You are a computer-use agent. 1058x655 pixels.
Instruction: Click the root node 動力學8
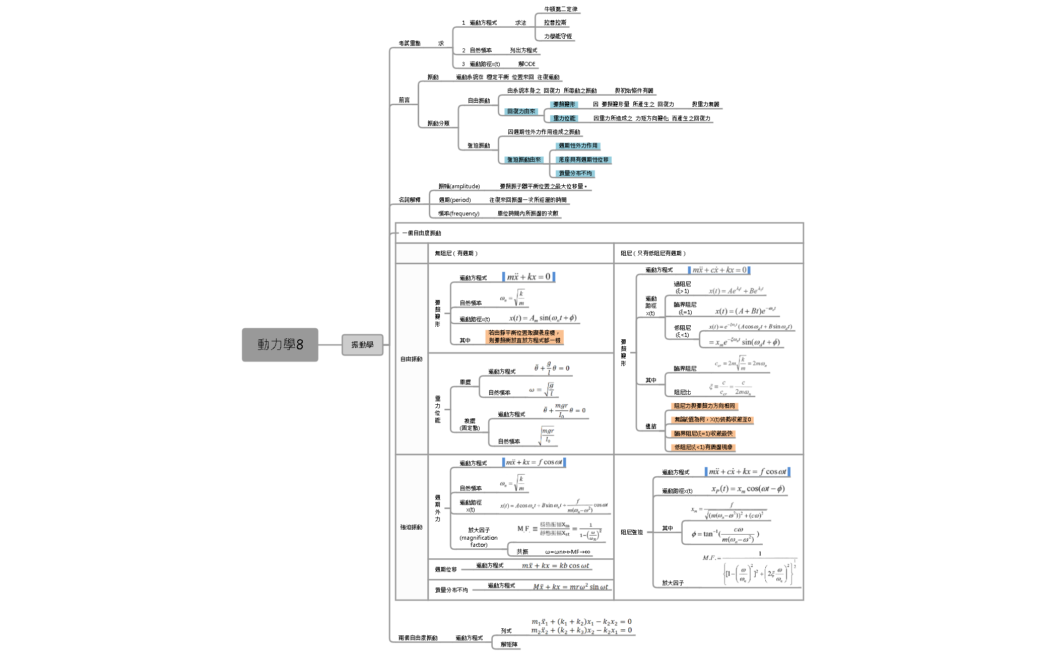[280, 345]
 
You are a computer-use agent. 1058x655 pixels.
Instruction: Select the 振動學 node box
[362, 345]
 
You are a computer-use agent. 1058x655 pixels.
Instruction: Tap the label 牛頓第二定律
[560, 9]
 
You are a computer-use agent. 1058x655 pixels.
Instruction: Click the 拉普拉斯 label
[555, 23]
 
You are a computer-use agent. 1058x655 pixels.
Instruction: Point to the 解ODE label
[526, 64]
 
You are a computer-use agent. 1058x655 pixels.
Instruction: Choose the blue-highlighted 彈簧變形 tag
[564, 104]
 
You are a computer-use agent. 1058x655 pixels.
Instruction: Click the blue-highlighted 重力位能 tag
[564, 118]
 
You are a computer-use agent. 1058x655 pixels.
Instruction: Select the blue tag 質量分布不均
[575, 173]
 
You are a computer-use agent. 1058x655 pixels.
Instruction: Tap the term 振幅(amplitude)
[459, 186]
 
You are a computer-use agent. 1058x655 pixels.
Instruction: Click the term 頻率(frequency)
[458, 213]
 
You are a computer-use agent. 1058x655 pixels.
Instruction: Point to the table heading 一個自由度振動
[422, 233]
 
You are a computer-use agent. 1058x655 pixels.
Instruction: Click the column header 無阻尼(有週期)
[456, 253]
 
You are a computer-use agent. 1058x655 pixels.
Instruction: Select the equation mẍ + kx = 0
[528, 277]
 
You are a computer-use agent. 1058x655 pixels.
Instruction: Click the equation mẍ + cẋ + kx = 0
[719, 270]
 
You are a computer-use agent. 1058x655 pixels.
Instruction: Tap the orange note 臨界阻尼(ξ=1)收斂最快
[703, 433]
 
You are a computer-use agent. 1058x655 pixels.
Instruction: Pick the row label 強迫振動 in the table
[411, 527]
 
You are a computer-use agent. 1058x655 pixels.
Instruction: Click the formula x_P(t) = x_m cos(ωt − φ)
[748, 489]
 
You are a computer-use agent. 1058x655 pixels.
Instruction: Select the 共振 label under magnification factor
[522, 552]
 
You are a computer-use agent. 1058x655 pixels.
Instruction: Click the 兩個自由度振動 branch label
[418, 638]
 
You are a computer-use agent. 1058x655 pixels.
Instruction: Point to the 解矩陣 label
[508, 644]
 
